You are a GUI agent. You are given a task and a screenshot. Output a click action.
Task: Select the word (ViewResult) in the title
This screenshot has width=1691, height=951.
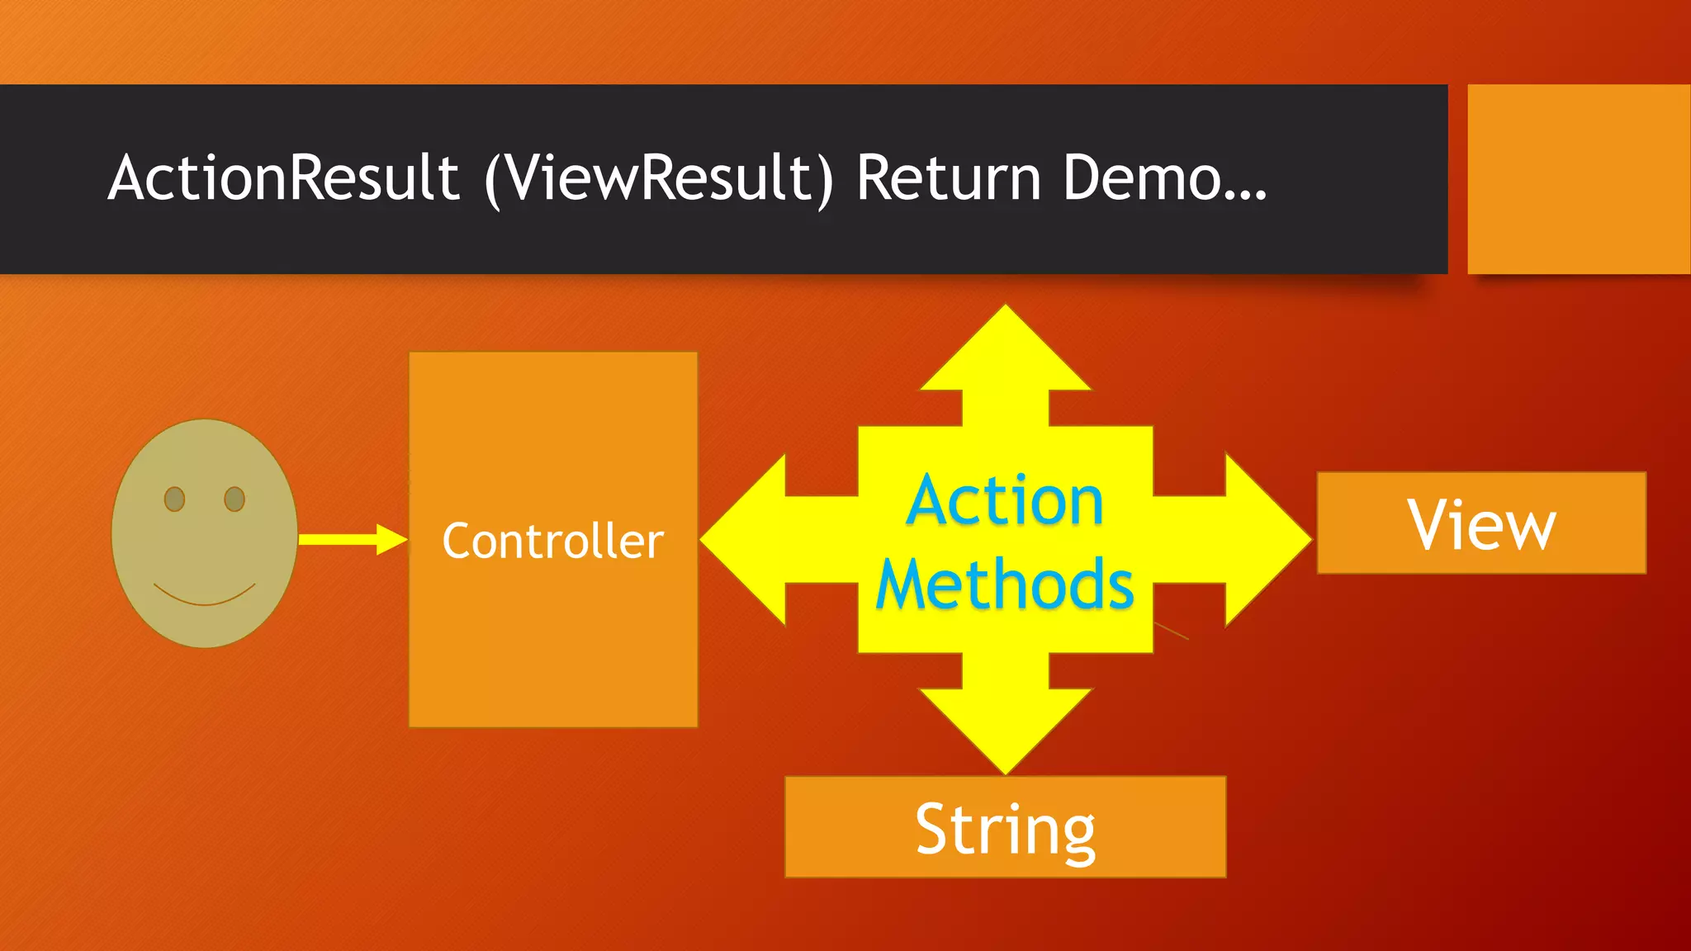tap(659, 178)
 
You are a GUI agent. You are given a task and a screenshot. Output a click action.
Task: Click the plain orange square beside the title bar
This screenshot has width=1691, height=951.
tap(1578, 178)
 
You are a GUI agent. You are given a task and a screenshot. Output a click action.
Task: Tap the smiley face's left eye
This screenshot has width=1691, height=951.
tap(174, 499)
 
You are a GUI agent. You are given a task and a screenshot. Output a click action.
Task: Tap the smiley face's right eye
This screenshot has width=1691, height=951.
tap(234, 499)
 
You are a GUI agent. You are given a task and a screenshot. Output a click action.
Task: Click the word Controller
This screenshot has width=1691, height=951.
tap(552, 541)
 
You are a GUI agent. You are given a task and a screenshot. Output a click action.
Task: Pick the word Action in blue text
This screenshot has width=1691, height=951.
tap(1004, 500)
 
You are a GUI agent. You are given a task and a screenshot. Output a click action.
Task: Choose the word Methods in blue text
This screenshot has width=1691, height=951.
tap(1004, 584)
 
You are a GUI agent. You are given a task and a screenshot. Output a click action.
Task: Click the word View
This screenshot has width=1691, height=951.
tap(1481, 524)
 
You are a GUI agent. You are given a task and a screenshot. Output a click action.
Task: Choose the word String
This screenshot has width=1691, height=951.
tap(1005, 829)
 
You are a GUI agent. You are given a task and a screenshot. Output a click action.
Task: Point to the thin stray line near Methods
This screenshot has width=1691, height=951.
tap(1172, 631)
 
